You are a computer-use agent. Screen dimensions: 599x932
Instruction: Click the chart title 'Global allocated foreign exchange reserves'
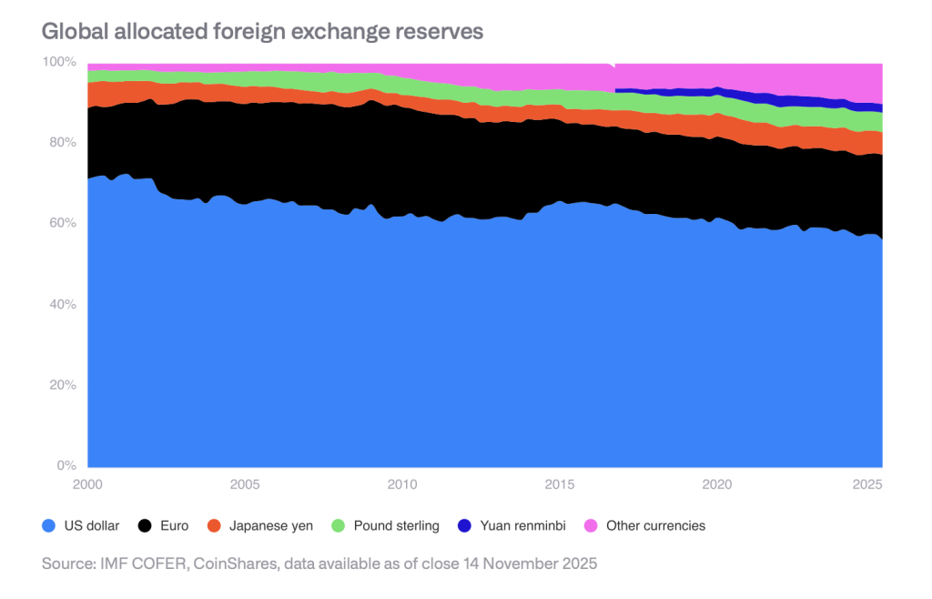coord(262,31)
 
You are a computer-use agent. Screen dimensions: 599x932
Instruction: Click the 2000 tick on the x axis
coord(88,483)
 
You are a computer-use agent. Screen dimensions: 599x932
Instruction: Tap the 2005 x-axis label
coord(244,483)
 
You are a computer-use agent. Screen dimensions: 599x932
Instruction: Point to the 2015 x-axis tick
coord(559,483)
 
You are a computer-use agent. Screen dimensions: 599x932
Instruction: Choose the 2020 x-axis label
coord(716,483)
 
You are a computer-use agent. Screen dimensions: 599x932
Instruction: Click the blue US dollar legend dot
coord(49,525)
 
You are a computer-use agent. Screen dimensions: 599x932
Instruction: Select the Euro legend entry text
coord(173,525)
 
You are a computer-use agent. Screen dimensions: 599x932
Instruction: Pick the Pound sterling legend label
coord(396,525)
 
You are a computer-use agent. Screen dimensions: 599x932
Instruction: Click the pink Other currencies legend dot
coord(590,525)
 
